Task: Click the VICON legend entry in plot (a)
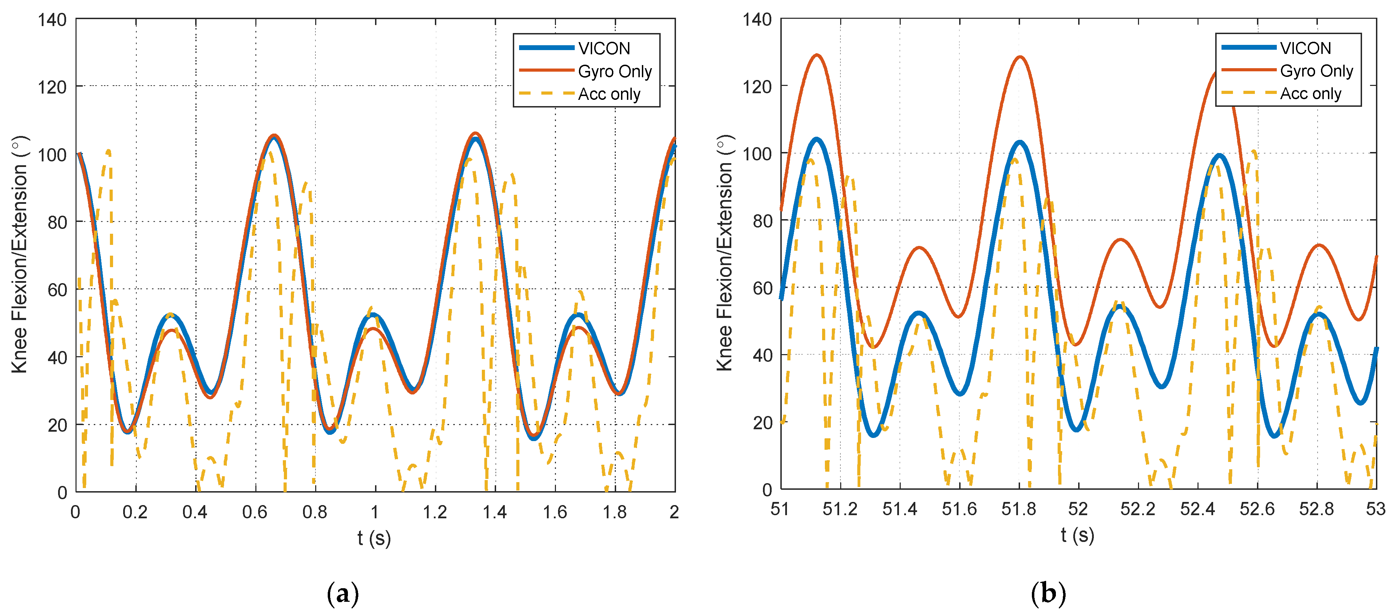pos(604,49)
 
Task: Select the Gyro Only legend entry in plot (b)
pos(1316,71)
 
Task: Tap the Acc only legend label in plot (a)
pos(609,94)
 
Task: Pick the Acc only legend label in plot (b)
pos(1310,94)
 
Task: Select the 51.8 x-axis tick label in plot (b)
pos(1019,509)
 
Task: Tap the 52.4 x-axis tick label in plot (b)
pos(1197,509)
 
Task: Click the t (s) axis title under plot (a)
pos(374,538)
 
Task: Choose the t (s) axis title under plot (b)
pos(1077,535)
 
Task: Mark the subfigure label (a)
pos(343,593)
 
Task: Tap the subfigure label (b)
pos(1048,593)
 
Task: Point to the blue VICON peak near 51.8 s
pos(1019,143)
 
